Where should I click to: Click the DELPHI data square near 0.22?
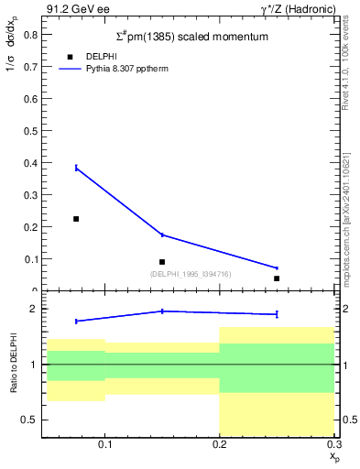76,219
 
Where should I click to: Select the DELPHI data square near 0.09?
162,262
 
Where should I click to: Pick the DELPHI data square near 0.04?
277,278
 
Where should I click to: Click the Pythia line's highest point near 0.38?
76,168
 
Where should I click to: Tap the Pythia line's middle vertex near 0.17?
162,235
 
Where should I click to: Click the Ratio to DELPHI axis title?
12,365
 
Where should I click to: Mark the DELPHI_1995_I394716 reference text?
190,274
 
